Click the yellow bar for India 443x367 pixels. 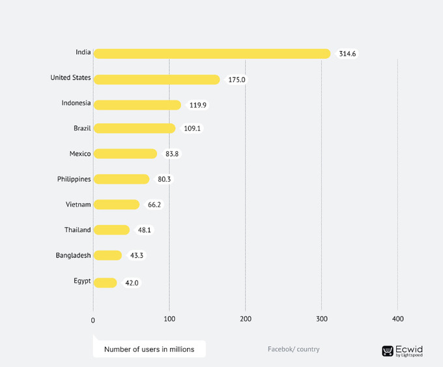coord(212,53)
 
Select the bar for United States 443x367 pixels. coord(157,80)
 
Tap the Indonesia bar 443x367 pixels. coord(137,105)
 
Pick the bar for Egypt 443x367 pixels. coord(105,283)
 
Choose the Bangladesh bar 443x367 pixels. coord(107,256)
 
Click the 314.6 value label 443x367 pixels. coord(347,53)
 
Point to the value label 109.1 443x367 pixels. coord(192,128)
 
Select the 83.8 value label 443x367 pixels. coord(172,154)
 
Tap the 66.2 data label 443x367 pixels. coord(154,205)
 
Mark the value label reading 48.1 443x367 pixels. coord(145,230)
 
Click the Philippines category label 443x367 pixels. coord(74,179)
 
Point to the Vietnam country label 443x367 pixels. coord(78,205)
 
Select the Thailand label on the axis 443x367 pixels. coord(78,229)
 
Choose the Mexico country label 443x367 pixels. coord(80,154)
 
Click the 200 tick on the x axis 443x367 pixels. coord(246,319)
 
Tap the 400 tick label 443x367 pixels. coord(398,319)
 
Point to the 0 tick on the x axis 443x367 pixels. coord(93,320)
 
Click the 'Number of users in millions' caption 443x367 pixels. coord(149,349)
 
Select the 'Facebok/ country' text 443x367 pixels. coord(294,349)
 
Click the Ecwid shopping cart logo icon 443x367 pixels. coord(388,351)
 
